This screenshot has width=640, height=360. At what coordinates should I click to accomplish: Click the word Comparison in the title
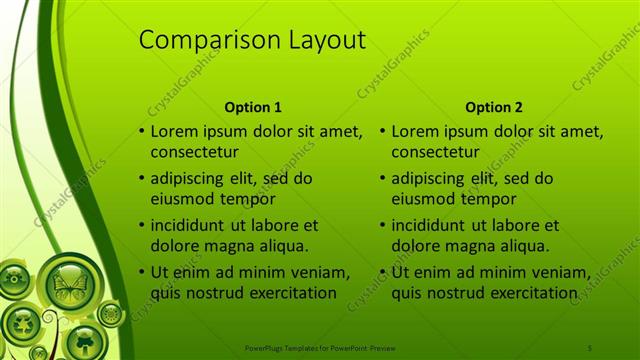click(196, 40)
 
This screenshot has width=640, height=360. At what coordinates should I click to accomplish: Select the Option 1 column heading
click(253, 107)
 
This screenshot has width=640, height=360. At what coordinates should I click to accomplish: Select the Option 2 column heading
click(494, 107)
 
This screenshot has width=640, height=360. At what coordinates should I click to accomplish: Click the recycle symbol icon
click(21, 322)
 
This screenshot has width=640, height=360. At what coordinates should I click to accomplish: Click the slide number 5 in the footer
click(590, 347)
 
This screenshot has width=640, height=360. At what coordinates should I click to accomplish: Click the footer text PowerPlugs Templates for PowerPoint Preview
click(321, 347)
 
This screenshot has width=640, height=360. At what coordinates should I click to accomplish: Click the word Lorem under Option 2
click(415, 131)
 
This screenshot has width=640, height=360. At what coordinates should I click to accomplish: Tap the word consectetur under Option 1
click(194, 152)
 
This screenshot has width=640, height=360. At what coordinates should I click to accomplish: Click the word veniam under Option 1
click(317, 272)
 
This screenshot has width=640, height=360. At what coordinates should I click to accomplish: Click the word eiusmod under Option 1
click(182, 198)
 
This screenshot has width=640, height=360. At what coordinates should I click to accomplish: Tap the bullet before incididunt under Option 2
click(382, 226)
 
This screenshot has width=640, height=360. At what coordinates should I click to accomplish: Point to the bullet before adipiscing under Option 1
click(141, 179)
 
